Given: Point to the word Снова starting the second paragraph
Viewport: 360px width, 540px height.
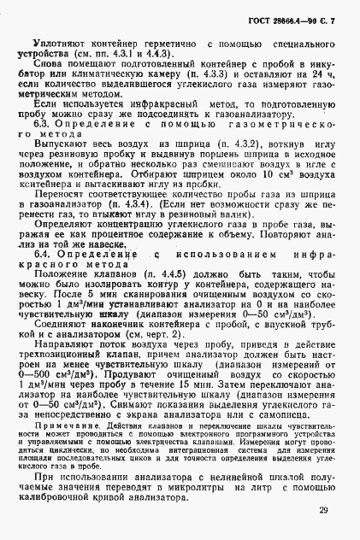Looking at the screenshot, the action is (48, 65).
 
